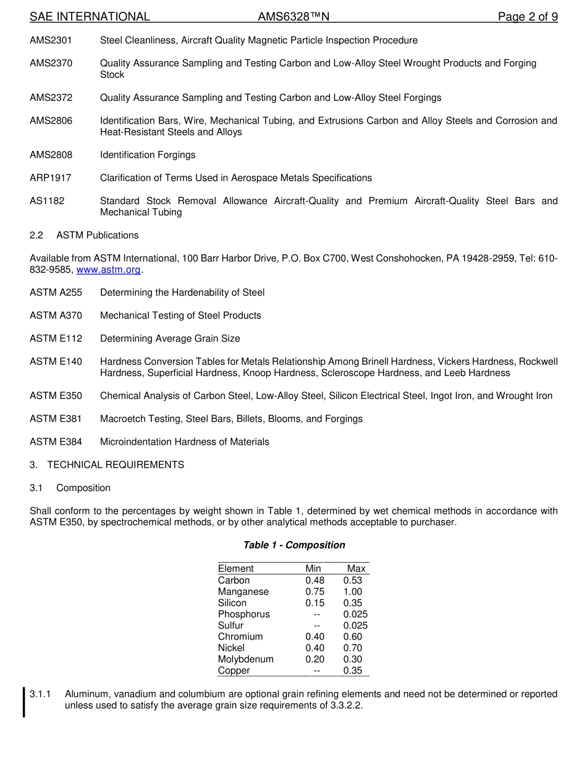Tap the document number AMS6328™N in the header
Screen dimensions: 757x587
tap(293, 17)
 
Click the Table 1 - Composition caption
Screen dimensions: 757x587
tap(294, 545)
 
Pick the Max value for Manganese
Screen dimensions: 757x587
tap(353, 592)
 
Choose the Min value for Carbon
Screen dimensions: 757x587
tap(315, 581)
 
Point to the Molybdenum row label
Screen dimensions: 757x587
tap(246, 659)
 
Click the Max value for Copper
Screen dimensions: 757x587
tap(353, 670)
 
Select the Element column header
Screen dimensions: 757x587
tap(236, 569)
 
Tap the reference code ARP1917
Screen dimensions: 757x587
tap(51, 178)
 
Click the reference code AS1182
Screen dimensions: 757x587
tap(47, 201)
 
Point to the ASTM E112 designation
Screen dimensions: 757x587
tap(56, 338)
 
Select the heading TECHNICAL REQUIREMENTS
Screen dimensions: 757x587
tap(116, 464)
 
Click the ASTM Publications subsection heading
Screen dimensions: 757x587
tap(97, 235)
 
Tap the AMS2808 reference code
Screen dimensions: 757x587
tap(51, 155)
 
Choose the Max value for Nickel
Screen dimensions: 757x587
tap(353, 648)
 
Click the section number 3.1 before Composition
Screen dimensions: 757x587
tap(36, 488)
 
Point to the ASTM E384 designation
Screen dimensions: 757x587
tap(56, 442)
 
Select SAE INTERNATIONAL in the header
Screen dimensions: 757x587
tap(90, 17)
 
